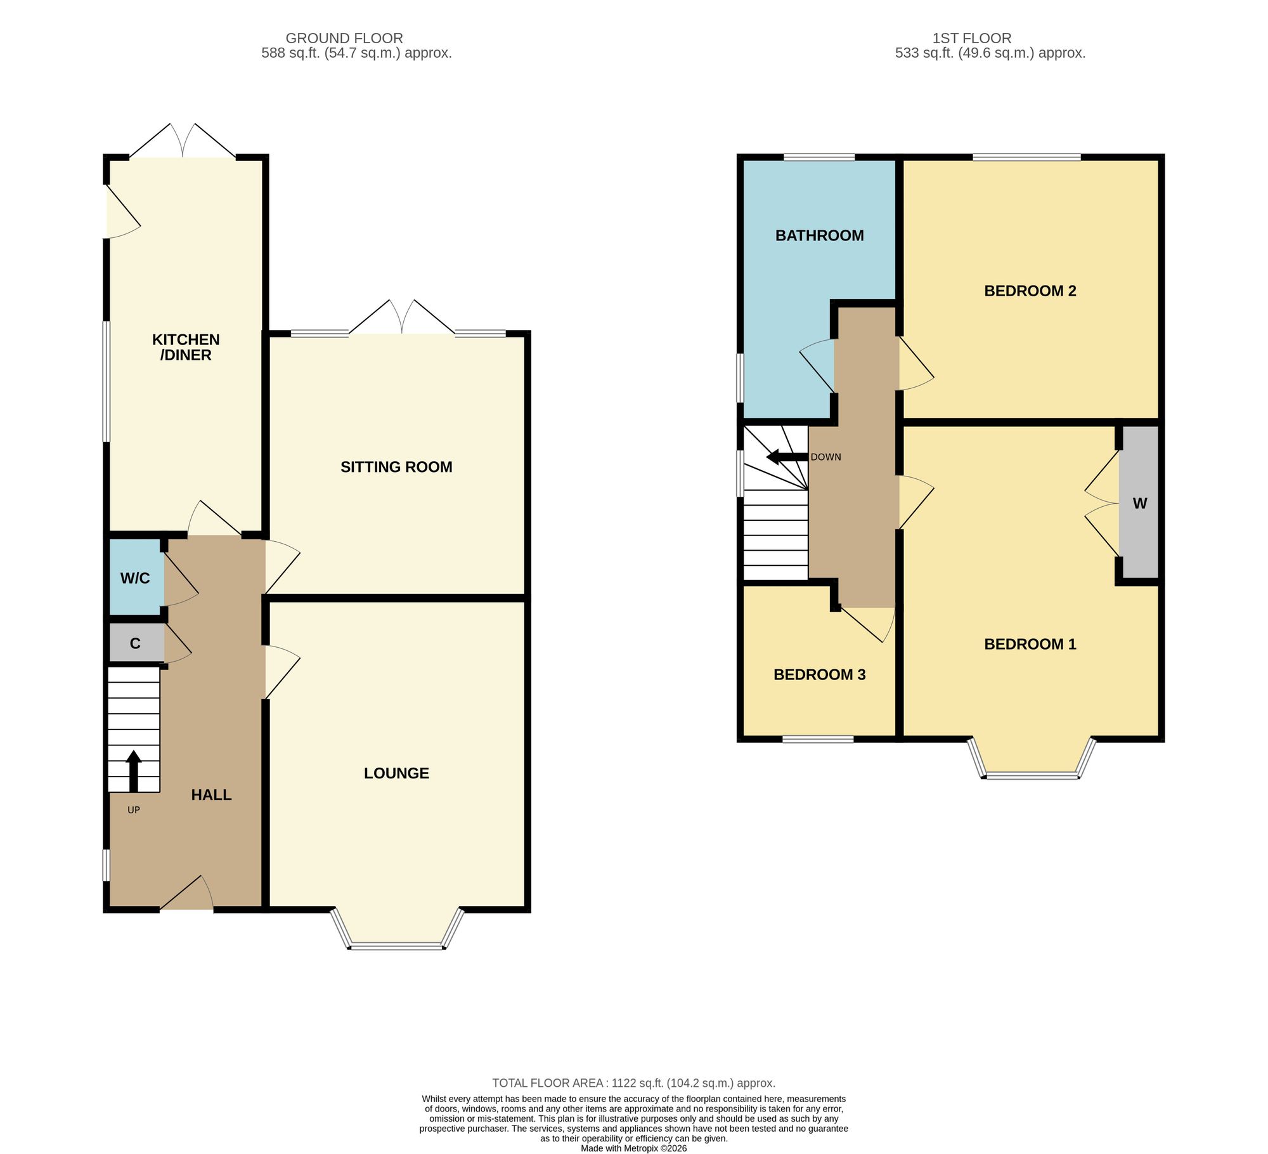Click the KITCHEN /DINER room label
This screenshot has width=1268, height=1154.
coord(186,347)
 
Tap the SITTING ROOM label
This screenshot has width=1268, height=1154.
coord(396,467)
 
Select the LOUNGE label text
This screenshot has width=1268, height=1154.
coord(396,773)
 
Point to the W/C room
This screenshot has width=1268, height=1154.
coord(135,577)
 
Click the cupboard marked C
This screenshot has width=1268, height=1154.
coord(135,643)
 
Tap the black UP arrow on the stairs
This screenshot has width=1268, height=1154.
coord(133,771)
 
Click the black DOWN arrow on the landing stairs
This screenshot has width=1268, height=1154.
coord(787,457)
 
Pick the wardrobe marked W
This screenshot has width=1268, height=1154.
coord(1139,502)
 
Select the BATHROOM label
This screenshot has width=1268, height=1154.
coord(819,235)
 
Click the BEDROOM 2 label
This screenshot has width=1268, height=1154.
coord(1030,291)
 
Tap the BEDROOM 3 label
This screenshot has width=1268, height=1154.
coord(819,674)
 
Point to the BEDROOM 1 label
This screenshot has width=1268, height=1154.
coord(1030,644)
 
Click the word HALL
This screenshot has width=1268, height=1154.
coord(211,795)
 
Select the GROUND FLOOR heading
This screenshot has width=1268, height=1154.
coord(344,38)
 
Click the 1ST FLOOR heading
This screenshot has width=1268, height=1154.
coord(972,38)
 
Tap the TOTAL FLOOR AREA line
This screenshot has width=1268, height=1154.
coord(634,1083)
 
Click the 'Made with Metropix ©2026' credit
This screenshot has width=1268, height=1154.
coord(634,1148)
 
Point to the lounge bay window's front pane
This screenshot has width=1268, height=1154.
coord(396,947)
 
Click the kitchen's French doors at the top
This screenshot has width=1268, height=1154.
coord(183,141)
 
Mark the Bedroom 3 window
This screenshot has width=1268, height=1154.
coord(818,738)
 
